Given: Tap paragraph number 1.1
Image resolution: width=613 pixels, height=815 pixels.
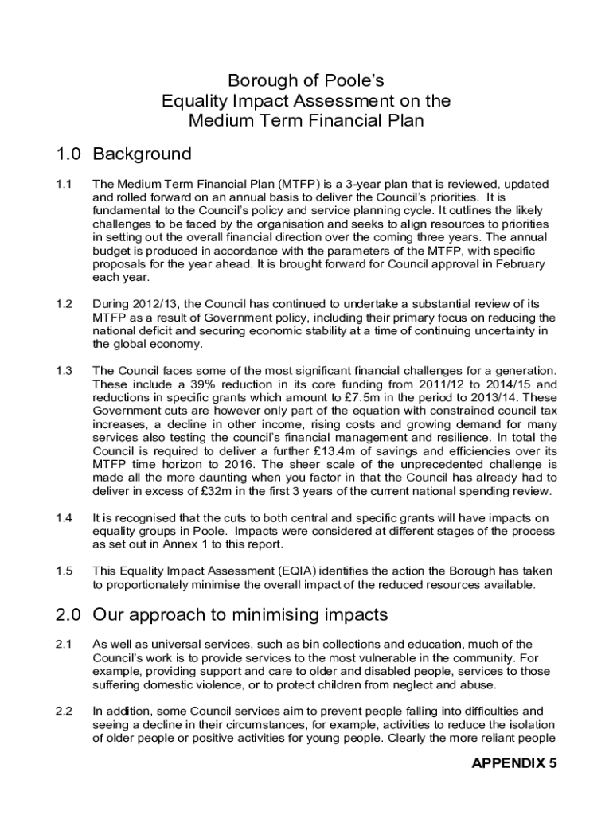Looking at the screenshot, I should [x=64, y=185].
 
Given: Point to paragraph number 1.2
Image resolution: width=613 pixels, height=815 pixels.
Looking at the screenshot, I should [x=64, y=304].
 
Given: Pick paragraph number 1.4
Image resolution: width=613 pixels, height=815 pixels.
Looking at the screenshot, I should [x=64, y=518].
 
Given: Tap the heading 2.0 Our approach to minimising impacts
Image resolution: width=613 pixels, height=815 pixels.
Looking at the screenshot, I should [x=221, y=615].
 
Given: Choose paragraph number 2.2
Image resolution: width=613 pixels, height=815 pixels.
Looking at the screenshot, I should [x=64, y=711].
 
